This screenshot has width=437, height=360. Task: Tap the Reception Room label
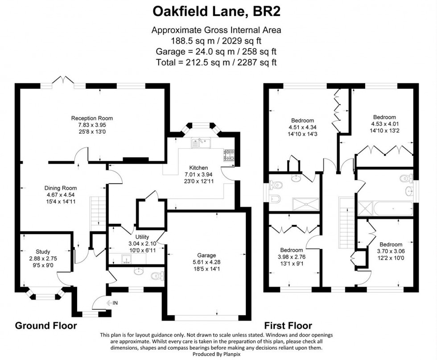coord(92,118)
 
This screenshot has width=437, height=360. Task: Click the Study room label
coord(43,252)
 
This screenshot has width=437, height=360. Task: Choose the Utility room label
coord(142,237)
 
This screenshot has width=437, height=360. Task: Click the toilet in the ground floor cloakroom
coord(157,276)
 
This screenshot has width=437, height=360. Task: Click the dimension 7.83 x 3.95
coord(92,125)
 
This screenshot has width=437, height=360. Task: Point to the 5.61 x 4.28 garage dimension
coord(206,262)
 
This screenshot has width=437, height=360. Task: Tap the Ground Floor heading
coord(46,326)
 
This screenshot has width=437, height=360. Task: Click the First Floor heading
coord(288,326)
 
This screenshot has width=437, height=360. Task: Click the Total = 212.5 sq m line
coord(217,62)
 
